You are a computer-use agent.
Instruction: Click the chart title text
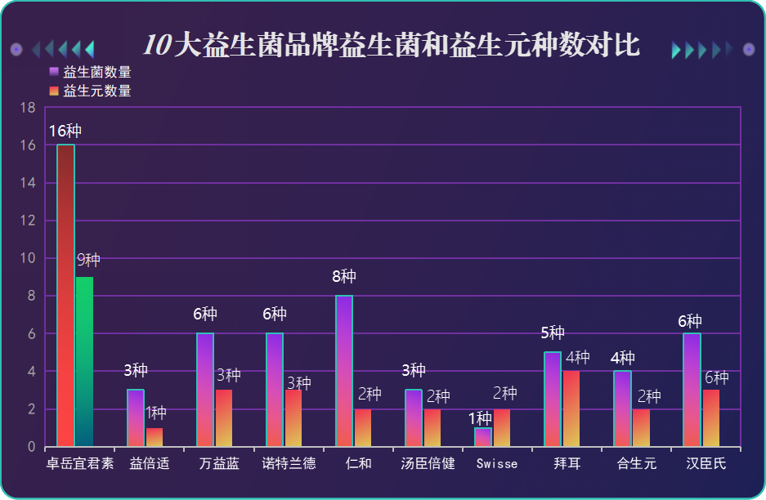[391, 46]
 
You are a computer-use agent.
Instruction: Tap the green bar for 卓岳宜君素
[84, 362]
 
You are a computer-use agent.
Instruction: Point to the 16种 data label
[65, 132]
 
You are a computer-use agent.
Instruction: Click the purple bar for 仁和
[344, 371]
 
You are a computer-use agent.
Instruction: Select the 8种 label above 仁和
[344, 277]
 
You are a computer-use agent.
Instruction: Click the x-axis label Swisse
[496, 464]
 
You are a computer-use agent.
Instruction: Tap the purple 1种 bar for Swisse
[483, 437]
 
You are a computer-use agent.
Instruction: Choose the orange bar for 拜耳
[571, 408]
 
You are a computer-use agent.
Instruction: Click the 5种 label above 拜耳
[553, 333]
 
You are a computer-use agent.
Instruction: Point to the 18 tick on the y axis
[28, 108]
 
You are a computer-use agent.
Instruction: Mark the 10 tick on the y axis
[28, 258]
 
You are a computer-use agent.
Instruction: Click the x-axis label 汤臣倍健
[428, 464]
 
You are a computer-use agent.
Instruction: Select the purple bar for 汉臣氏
[692, 390]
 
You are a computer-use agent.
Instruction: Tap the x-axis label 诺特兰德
[289, 464]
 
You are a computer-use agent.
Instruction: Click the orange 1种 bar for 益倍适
[155, 437]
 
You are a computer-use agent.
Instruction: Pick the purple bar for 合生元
[622, 408]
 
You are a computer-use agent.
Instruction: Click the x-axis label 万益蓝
[219, 464]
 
